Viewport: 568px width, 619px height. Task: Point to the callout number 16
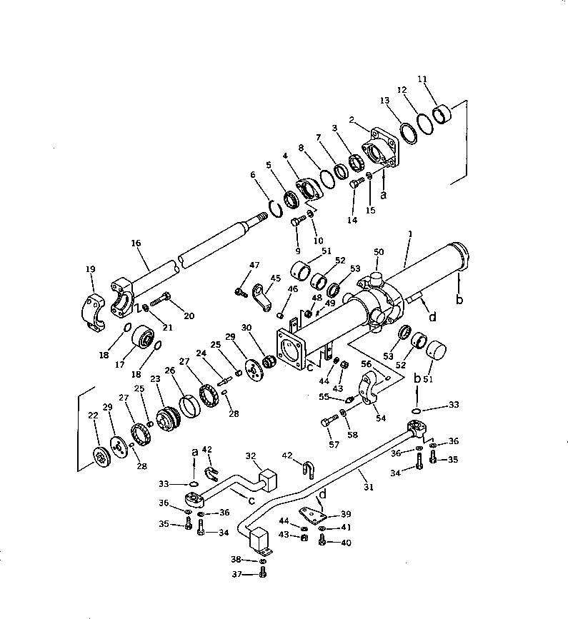click(x=136, y=243)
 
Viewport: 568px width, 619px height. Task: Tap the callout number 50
click(x=379, y=252)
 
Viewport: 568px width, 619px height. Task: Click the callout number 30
click(x=248, y=327)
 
